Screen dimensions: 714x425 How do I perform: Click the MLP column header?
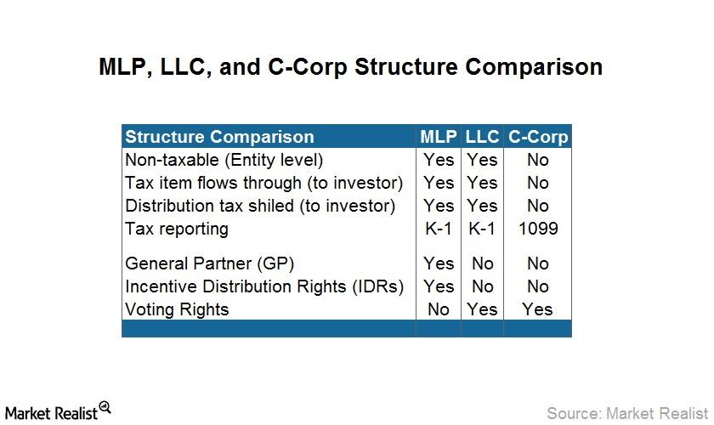pyautogui.click(x=438, y=137)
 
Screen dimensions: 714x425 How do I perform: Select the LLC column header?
pyautogui.click(x=482, y=137)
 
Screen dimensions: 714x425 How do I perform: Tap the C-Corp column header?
pyautogui.click(x=538, y=137)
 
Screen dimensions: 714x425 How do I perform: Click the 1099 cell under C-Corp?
pyautogui.click(x=538, y=228)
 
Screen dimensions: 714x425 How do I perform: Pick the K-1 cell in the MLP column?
pyautogui.click(x=438, y=228)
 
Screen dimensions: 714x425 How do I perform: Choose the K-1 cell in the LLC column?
pyautogui.click(x=482, y=228)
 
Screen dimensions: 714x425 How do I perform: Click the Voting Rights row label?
pyautogui.click(x=177, y=309)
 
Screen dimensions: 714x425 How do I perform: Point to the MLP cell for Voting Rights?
pyautogui.click(x=438, y=309)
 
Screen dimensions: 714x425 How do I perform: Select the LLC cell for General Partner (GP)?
pyautogui.click(x=482, y=263)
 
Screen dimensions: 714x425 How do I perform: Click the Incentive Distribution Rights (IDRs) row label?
pyautogui.click(x=264, y=287)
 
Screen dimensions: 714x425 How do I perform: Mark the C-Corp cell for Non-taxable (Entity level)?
pyautogui.click(x=538, y=160)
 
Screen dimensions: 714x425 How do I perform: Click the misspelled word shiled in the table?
pyautogui.click(x=271, y=206)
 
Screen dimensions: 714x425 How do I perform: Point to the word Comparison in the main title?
pyautogui.click(x=534, y=67)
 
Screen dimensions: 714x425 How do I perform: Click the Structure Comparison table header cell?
pyautogui.click(x=219, y=137)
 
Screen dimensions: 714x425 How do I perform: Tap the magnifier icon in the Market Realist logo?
pyautogui.click(x=105, y=407)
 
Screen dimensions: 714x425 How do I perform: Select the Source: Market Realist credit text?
pyautogui.click(x=627, y=413)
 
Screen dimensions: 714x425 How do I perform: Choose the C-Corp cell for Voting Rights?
pyautogui.click(x=537, y=309)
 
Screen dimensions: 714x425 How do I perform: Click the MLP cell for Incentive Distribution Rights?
pyautogui.click(x=439, y=286)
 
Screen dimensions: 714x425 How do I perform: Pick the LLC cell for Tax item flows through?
pyautogui.click(x=482, y=183)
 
